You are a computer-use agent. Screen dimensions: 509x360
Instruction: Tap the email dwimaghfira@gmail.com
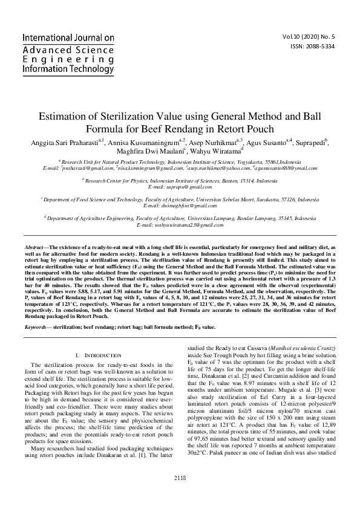180,206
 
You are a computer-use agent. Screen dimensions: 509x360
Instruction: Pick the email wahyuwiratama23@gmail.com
180,224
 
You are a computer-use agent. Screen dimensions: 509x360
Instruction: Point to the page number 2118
180,494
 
